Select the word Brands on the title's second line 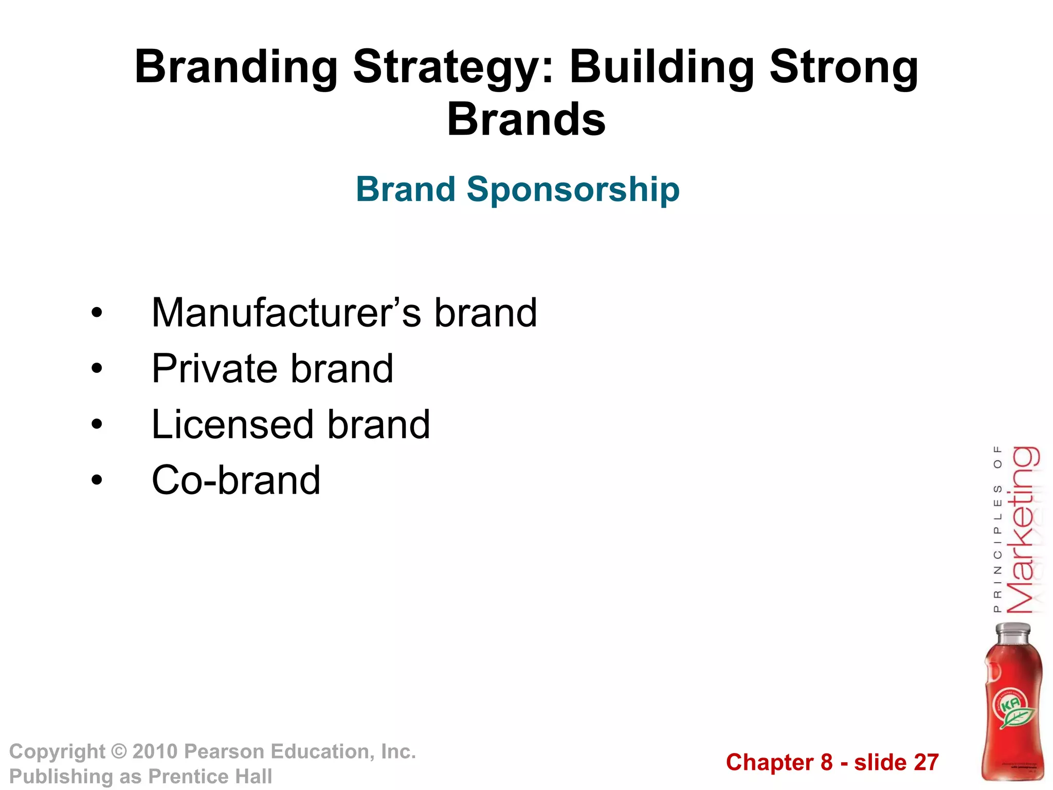[x=526, y=119]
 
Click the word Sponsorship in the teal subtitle [x=573, y=189]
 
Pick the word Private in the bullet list [x=215, y=369]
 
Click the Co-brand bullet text [x=236, y=480]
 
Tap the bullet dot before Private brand [x=97, y=369]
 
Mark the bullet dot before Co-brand [x=97, y=480]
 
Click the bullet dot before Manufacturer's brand [x=97, y=313]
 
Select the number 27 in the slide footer [x=926, y=762]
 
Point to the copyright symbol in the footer [x=119, y=752]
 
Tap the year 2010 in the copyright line [x=155, y=752]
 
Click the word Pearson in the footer [x=224, y=752]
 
